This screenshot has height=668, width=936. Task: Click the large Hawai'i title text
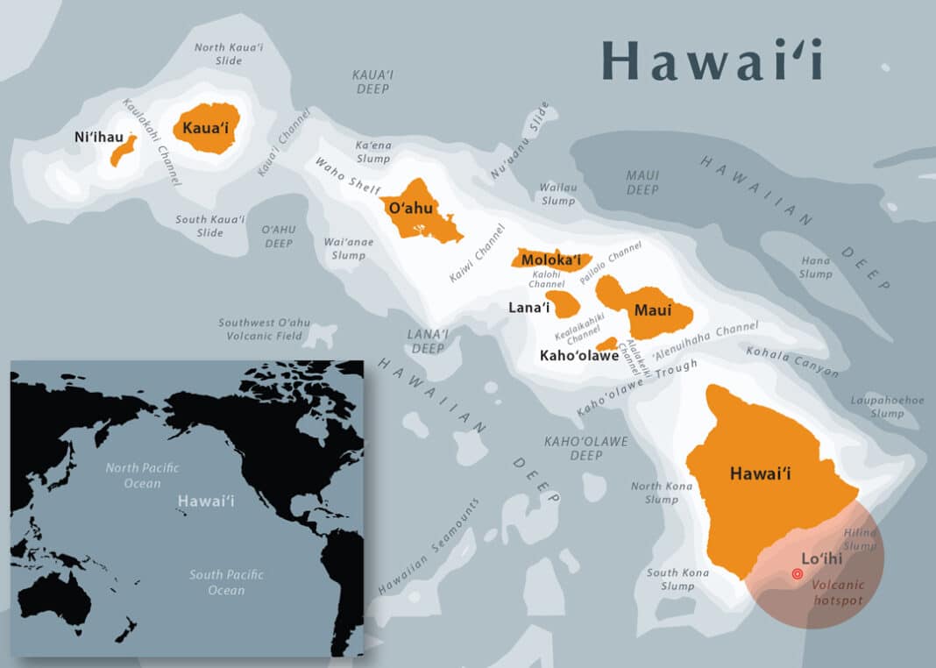(x=712, y=61)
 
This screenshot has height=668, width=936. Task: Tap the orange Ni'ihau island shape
(x=122, y=152)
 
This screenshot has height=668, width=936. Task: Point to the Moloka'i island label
(x=551, y=259)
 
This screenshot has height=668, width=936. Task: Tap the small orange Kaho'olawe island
(x=606, y=344)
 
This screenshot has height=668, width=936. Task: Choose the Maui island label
(x=653, y=310)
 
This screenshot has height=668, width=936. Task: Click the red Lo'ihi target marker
(x=797, y=574)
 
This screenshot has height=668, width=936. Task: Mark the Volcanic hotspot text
(x=837, y=593)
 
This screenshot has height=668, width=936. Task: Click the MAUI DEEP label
(x=642, y=182)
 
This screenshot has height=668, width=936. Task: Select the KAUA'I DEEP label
(x=372, y=82)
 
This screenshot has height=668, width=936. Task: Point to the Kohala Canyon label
(x=792, y=361)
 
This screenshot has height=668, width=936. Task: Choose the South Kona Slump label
(x=677, y=579)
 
